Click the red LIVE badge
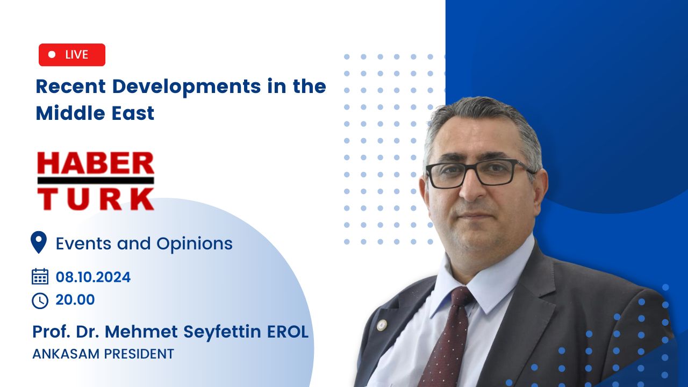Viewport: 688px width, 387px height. tap(72, 55)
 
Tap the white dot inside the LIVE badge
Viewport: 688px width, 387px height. tap(52, 54)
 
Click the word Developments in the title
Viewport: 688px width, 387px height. tap(187, 87)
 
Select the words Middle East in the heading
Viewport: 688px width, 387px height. tap(95, 113)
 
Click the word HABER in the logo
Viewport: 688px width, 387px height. tap(96, 163)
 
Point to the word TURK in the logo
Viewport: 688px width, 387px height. tap(96, 199)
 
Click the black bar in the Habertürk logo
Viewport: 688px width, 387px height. tap(96, 180)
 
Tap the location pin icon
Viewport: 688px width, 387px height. tap(39, 242)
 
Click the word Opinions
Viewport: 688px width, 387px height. tap(195, 244)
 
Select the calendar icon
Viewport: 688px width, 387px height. tap(40, 276)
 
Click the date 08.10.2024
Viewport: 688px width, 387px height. tap(93, 277)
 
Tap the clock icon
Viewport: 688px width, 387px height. tap(40, 300)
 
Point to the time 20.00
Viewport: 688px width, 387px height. tap(75, 300)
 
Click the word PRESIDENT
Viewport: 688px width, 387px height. tap(139, 354)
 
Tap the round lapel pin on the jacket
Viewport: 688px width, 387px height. tap(382, 325)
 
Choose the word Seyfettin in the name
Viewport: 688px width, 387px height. tap(222, 332)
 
